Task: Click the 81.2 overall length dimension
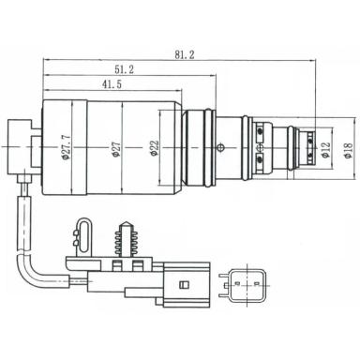[184, 55]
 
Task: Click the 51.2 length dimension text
[123, 70]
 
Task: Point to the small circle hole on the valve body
[220, 146]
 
